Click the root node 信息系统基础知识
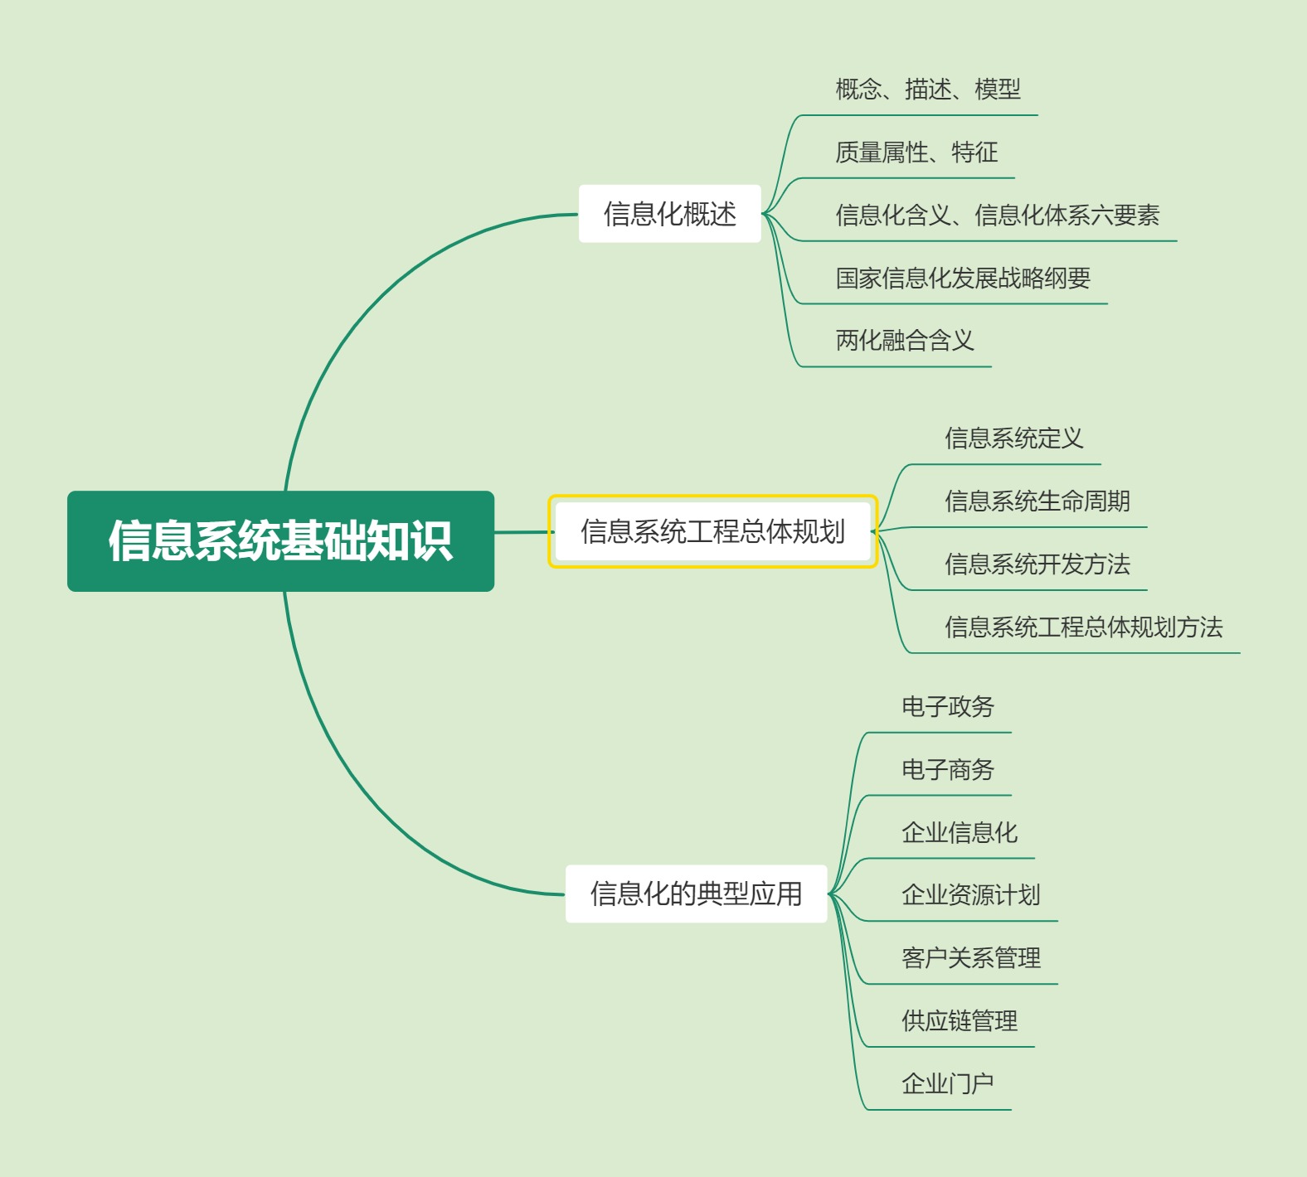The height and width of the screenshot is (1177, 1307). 280,540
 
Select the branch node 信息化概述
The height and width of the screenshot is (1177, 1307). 669,214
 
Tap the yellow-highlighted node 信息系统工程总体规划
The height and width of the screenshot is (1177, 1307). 712,531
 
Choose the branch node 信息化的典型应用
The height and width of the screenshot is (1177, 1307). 696,894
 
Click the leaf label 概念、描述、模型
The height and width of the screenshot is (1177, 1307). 927,89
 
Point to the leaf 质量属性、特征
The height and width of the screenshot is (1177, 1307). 916,152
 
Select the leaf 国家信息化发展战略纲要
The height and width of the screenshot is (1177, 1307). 962,278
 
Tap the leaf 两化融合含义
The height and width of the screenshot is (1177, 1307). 904,340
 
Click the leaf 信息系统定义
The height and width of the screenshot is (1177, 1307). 1013,438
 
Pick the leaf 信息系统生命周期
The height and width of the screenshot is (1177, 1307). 1037,501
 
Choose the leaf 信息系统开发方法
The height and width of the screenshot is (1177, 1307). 1037,564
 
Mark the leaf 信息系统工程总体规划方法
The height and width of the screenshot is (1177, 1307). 1083,627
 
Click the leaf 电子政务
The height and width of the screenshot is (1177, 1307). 947,706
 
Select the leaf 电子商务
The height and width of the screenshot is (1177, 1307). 947,769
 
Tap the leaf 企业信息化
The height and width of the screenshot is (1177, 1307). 959,832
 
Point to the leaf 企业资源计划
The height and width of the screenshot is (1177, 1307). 970,895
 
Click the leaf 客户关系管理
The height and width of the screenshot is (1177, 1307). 970,958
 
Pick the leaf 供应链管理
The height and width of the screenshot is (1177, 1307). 959,1020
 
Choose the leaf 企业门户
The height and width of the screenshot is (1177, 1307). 947,1083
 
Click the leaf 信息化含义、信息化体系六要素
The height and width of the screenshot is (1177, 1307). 997,215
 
